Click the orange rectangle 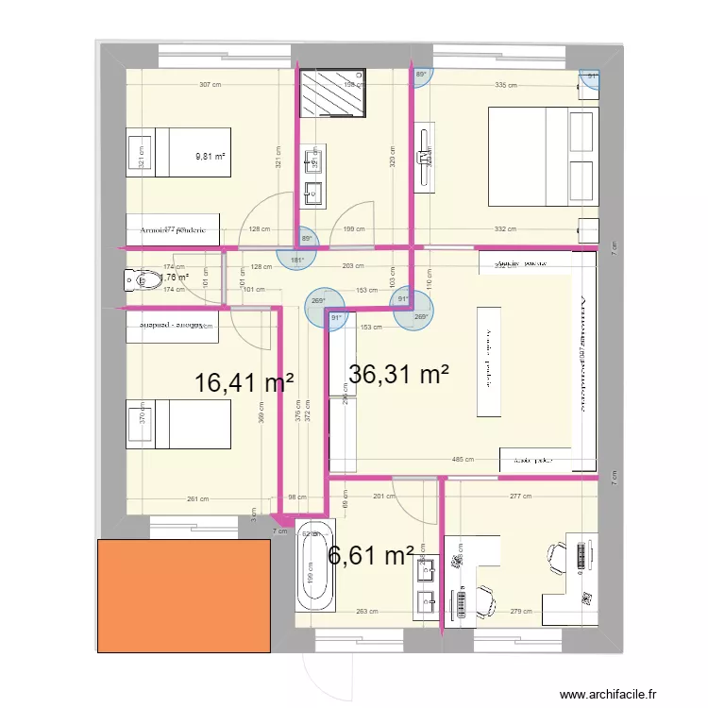coord(184,594)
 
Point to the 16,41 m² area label coord(244,383)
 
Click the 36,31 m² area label coord(398,375)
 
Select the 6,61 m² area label coord(371,556)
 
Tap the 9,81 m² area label coord(211,158)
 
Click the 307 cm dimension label coord(211,85)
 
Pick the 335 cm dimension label coord(506,85)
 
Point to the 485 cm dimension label coord(464,461)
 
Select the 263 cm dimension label coord(368,612)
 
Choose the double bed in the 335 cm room coord(543,157)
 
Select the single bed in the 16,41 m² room coord(179,423)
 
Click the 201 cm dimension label coord(384,497)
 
